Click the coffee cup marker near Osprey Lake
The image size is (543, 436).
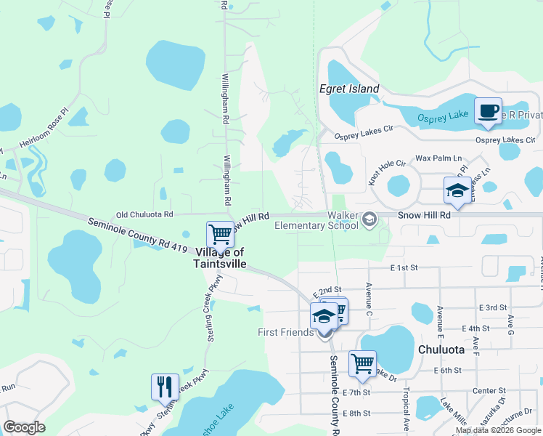click(x=488, y=111)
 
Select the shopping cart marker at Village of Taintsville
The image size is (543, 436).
click(x=220, y=235)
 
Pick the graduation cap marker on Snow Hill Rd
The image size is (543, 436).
click(x=457, y=191)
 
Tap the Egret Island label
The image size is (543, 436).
click(x=349, y=89)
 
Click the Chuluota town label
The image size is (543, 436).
click(x=441, y=350)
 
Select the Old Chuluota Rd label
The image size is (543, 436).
click(x=145, y=214)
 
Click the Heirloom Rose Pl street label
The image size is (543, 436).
click(x=44, y=131)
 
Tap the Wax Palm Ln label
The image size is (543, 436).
click(x=438, y=158)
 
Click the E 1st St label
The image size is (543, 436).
click(x=404, y=267)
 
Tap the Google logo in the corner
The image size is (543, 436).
click(x=24, y=427)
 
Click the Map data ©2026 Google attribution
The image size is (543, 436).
click(x=499, y=430)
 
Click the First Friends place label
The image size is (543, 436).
click(x=286, y=332)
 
